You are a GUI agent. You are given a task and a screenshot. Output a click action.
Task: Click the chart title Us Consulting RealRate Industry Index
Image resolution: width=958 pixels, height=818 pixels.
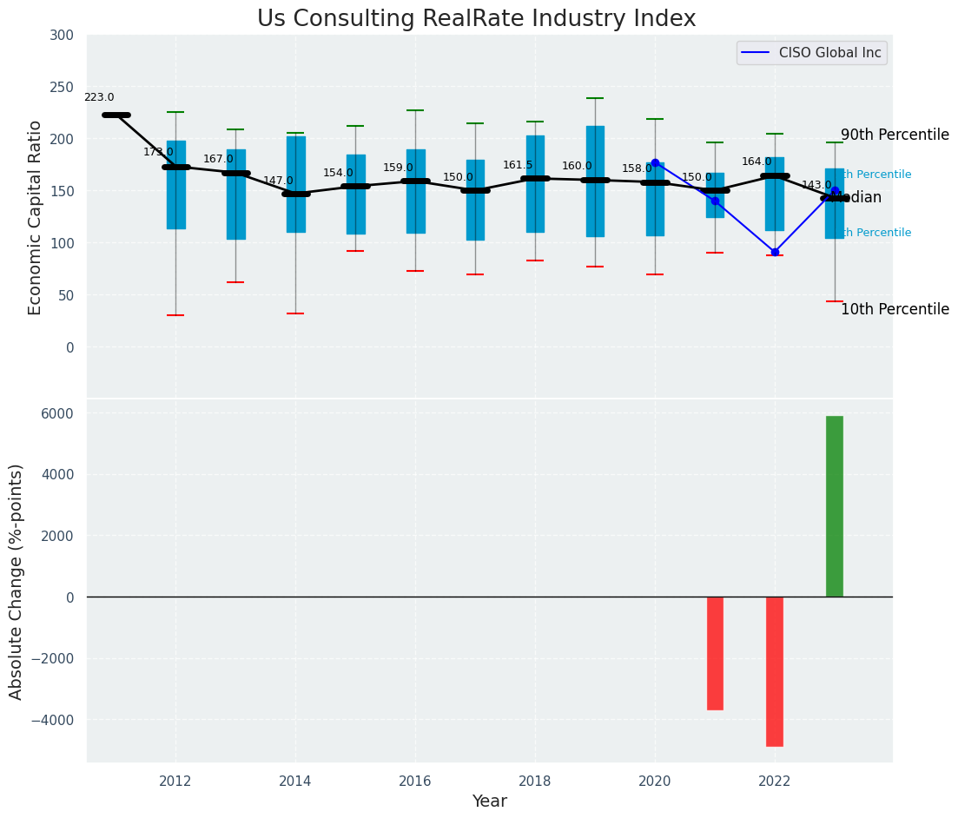[x=476, y=19]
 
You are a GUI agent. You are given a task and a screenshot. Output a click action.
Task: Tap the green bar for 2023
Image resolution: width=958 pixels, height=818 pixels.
[x=834, y=506]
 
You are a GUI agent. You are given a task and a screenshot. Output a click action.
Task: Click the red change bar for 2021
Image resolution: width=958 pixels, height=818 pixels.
[x=715, y=653]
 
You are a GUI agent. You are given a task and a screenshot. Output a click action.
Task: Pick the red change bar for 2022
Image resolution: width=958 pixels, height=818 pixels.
[x=775, y=671]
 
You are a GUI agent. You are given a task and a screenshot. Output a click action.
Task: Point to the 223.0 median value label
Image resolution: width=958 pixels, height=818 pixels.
[x=99, y=98]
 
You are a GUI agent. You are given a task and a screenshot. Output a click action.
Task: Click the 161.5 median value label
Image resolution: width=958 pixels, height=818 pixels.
[x=518, y=165]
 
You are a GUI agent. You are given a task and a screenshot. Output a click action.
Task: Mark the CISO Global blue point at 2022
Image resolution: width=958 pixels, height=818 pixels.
[x=775, y=253]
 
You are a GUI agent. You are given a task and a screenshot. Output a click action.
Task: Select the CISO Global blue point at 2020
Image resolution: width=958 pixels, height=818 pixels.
[x=655, y=162]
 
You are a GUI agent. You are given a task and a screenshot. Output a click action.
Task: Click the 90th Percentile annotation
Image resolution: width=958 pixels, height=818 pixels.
[x=895, y=135]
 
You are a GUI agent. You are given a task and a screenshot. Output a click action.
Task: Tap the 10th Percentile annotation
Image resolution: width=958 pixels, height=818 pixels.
[x=895, y=310]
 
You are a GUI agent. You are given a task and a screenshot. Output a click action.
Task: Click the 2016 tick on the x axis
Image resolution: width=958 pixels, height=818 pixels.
[x=415, y=781]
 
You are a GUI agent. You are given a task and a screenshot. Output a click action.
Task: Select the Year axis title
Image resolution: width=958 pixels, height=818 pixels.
[x=489, y=802]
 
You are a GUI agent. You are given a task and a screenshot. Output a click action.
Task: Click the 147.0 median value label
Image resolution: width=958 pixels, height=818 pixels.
[x=278, y=181]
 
